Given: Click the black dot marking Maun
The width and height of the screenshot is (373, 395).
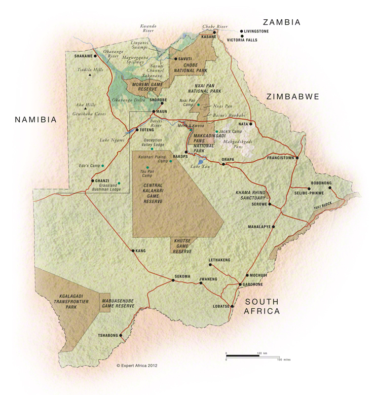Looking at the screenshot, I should [x=153, y=112].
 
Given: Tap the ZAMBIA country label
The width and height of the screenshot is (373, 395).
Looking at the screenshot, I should [x=281, y=22].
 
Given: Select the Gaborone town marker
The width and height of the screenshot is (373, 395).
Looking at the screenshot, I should [x=240, y=285].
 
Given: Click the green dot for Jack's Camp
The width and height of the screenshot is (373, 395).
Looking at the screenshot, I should [x=217, y=131].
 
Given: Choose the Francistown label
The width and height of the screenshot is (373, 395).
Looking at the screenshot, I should [x=280, y=158].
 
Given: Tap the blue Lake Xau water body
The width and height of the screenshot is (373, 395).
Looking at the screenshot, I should [x=200, y=162].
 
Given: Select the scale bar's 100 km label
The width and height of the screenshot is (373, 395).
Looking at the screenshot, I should [x=262, y=353].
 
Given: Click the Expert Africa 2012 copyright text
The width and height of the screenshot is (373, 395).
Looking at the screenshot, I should [x=137, y=364].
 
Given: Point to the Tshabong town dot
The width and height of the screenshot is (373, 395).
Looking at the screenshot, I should [x=121, y=335].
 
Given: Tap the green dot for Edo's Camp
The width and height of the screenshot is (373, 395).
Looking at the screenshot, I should [x=103, y=166].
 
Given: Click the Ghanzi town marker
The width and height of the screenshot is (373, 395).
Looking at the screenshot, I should [x=92, y=181].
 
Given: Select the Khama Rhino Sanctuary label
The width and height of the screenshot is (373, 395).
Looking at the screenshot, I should [x=250, y=195].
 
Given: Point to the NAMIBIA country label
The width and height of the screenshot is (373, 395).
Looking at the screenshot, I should [x=35, y=120].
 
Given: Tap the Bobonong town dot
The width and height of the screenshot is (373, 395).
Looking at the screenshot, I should [x=330, y=188].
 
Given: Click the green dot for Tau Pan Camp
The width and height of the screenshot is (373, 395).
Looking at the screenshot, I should [x=147, y=167].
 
